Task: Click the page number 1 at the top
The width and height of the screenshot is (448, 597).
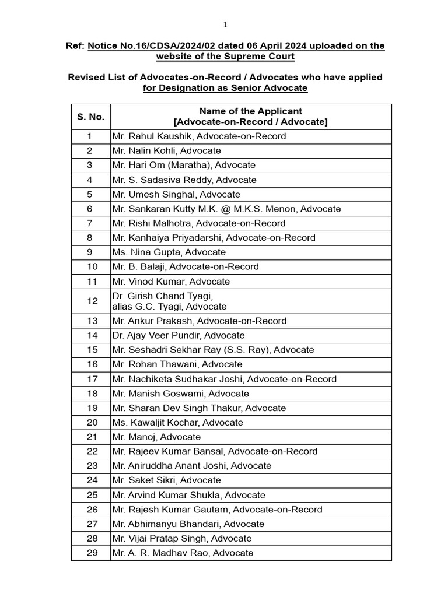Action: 225,24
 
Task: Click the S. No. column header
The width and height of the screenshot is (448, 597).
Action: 90,117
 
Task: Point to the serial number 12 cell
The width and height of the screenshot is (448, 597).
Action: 90,301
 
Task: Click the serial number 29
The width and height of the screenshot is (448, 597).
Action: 90,553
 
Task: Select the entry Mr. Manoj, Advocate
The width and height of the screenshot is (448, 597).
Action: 156,437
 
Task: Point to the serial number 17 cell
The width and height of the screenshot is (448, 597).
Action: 90,379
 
